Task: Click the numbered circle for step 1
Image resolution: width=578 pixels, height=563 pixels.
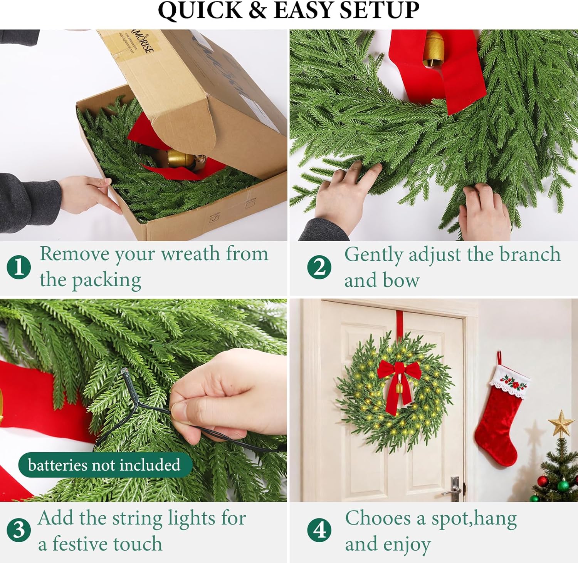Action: [x=19, y=267]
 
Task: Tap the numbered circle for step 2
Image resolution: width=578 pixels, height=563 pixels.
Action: [x=319, y=267]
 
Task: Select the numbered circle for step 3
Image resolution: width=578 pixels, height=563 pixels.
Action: [x=19, y=530]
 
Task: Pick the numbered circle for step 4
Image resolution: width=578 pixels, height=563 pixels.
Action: [x=319, y=530]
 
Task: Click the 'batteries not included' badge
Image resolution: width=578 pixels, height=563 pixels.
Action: [x=105, y=465]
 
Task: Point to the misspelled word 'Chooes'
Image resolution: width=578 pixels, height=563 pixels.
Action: [x=378, y=518]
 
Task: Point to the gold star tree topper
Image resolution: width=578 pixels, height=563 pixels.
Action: [x=561, y=423]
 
